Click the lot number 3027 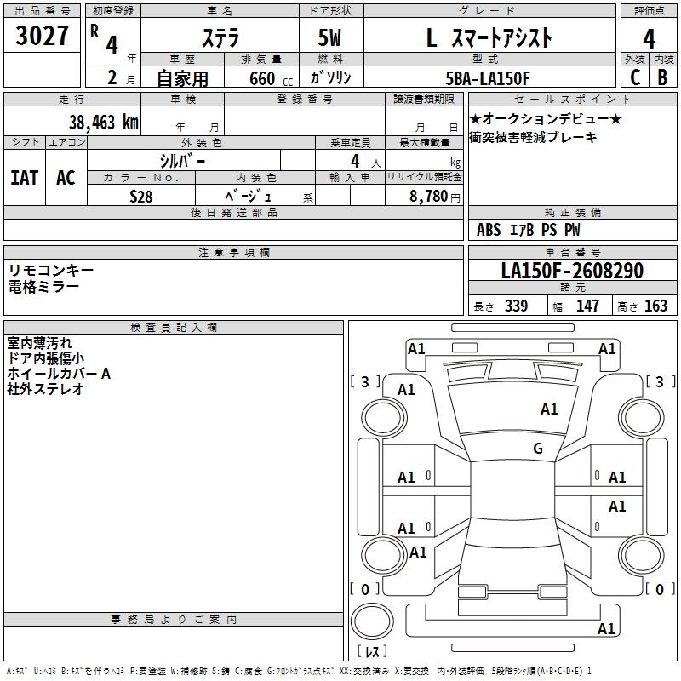(42, 37)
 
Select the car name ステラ (220, 37)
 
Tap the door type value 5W (330, 38)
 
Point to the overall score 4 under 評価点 (649, 38)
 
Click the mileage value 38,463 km (103, 122)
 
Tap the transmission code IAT (25, 177)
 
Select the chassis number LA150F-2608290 (572, 271)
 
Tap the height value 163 (655, 306)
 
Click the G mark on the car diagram (538, 449)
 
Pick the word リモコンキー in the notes (51, 270)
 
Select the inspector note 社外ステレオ (45, 389)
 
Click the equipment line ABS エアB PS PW (529, 229)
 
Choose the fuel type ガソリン (330, 78)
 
